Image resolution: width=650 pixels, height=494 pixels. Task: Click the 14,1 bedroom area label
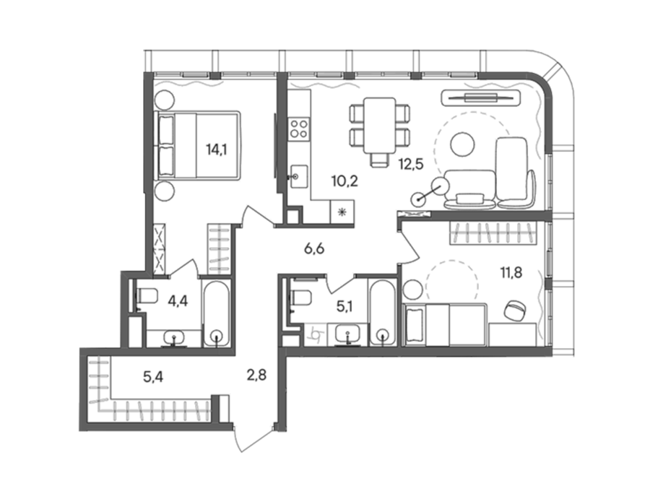tap(217, 149)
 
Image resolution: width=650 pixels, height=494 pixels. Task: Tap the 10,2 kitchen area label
tap(344, 181)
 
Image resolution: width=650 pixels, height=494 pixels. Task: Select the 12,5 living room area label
tap(411, 164)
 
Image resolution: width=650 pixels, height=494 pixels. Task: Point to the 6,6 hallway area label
tap(314, 248)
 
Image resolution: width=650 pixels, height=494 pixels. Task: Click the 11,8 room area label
tap(511, 273)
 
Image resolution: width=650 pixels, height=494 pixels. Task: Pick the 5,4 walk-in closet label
tap(153, 377)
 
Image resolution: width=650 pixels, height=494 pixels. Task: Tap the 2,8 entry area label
tap(256, 376)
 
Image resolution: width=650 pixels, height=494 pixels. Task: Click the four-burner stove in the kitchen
tap(299, 128)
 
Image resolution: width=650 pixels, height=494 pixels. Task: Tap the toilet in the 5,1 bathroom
tap(300, 297)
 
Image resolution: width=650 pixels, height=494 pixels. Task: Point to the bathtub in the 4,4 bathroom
tap(216, 313)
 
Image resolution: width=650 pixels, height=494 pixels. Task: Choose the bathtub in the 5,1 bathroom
tap(383, 313)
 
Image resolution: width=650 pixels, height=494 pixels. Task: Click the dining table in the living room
tap(379, 126)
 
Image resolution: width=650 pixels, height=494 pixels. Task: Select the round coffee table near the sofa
tap(462, 144)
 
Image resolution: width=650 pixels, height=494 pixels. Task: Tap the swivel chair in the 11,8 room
tap(515, 309)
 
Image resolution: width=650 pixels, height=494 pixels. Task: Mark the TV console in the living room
tap(481, 97)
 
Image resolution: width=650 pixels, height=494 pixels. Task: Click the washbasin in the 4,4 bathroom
tap(174, 338)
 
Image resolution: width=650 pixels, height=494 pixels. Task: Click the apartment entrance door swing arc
tap(237, 440)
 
